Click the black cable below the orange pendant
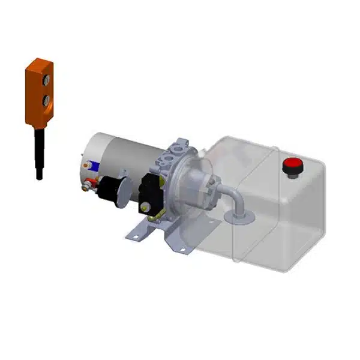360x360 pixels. point(39,150)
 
